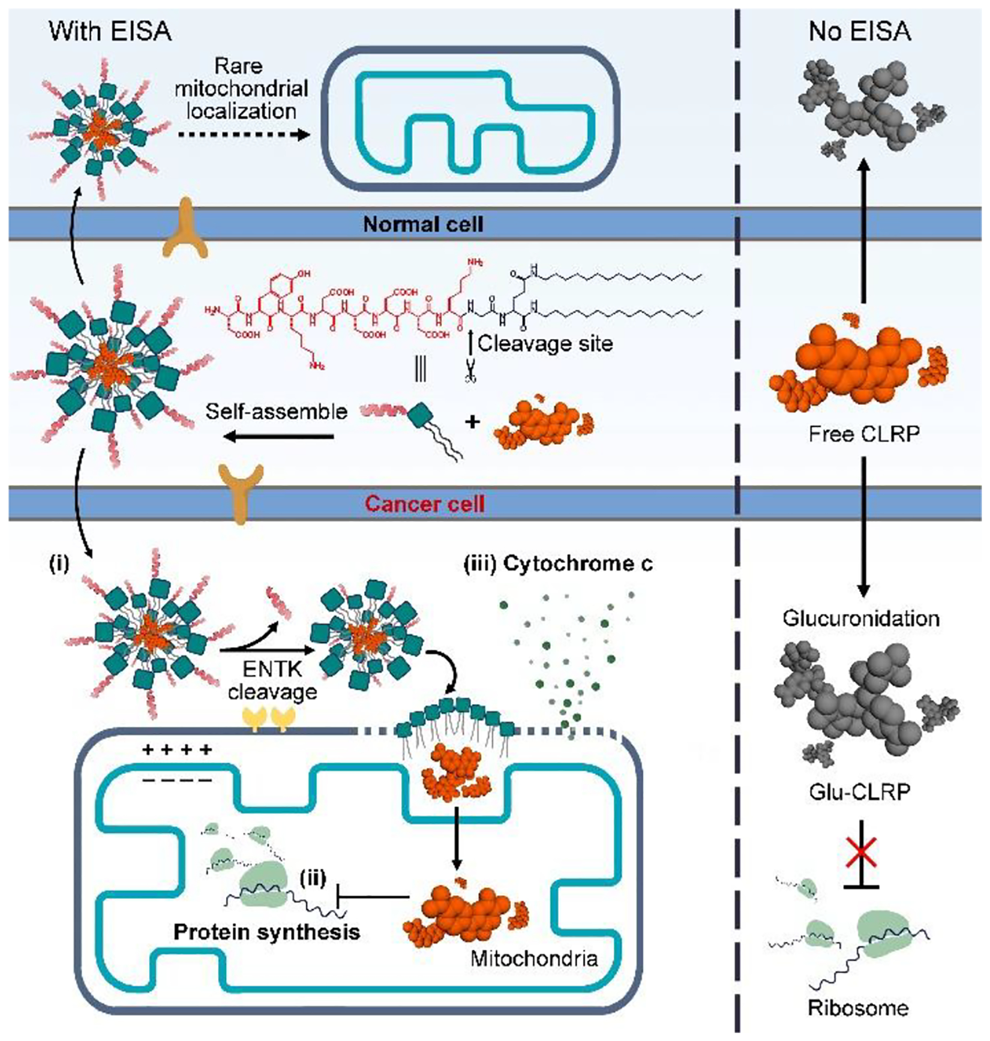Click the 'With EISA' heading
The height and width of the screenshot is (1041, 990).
pyautogui.click(x=110, y=31)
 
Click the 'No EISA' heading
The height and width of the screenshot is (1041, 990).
pyautogui.click(x=859, y=31)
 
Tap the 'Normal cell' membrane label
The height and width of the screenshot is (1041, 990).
pyautogui.click(x=423, y=224)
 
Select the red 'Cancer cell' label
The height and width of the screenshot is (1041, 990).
pyautogui.click(x=425, y=503)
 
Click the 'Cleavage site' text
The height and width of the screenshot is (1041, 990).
pyautogui.click(x=545, y=343)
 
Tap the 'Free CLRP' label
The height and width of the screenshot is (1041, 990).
pyautogui.click(x=864, y=434)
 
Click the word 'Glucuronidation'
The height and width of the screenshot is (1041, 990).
pyautogui.click(x=861, y=618)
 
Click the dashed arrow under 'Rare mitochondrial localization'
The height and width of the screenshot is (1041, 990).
pyautogui.click(x=243, y=135)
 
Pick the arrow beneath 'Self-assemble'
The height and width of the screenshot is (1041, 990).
pyautogui.click(x=278, y=437)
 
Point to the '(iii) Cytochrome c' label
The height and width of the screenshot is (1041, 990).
pyautogui.click(x=558, y=563)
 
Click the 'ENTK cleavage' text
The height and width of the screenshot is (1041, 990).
pyautogui.click(x=272, y=681)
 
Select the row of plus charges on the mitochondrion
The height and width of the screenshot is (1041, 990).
pyautogui.click(x=177, y=750)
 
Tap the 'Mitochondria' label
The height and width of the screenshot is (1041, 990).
pyautogui.click(x=534, y=959)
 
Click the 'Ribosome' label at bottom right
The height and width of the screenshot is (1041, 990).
pyautogui.click(x=858, y=1008)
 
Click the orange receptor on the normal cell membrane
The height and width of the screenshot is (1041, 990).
pyautogui.click(x=185, y=230)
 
